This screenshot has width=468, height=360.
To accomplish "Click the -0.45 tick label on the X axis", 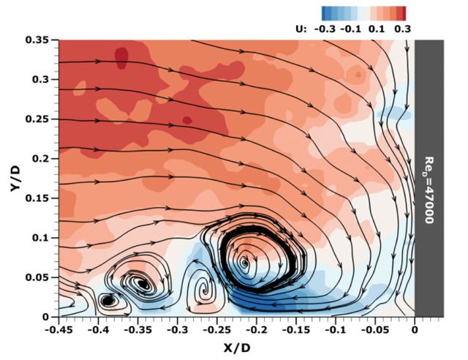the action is click(x=58, y=330).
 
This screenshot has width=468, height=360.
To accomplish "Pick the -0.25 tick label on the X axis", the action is click(x=217, y=330).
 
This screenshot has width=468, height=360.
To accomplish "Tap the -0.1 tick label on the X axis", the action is click(x=336, y=330).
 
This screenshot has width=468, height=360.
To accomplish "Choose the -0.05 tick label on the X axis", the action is click(x=375, y=330).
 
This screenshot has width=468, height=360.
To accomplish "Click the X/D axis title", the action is click(x=237, y=348).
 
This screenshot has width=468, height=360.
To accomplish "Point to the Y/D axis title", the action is click(x=15, y=179).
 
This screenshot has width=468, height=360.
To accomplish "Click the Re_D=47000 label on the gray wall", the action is click(x=429, y=190).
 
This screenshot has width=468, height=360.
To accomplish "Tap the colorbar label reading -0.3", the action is click(x=325, y=29).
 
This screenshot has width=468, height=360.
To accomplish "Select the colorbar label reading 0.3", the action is click(x=403, y=29).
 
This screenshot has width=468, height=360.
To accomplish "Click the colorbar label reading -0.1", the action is click(x=351, y=29).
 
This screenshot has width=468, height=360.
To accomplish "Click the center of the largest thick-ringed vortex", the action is click(x=245, y=263).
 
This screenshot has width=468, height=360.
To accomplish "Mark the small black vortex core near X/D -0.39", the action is click(x=107, y=301).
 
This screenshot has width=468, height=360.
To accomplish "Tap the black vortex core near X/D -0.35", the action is click(x=143, y=284).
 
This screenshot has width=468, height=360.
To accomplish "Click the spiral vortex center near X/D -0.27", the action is click(x=204, y=290).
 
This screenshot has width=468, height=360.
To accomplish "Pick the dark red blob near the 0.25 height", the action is click(x=187, y=120).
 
